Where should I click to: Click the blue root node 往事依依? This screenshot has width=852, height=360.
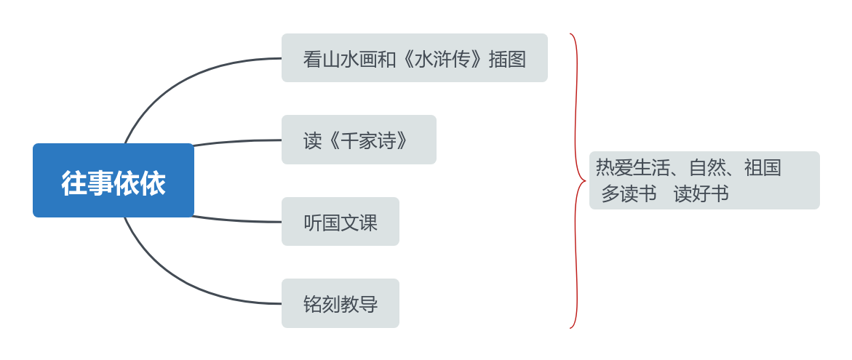[x=114, y=180]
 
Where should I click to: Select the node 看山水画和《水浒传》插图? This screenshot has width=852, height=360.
[x=414, y=58]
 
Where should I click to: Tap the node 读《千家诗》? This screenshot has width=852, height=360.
[x=359, y=140]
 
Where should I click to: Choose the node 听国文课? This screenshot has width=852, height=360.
[x=340, y=222]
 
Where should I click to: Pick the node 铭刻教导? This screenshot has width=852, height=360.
[x=340, y=303]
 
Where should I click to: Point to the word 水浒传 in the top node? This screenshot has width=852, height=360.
[x=442, y=59]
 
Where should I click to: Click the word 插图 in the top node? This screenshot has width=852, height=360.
[x=507, y=59]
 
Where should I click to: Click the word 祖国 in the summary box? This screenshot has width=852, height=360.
[x=762, y=168]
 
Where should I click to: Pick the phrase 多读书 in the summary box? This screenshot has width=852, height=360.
[x=629, y=194]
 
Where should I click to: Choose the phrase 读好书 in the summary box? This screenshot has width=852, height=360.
[x=701, y=194]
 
